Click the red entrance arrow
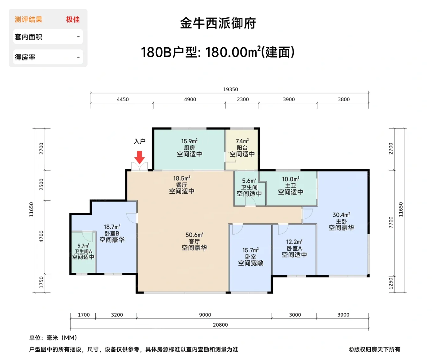coord(140,157)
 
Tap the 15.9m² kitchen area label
coord(189,141)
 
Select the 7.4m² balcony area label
coord(242,141)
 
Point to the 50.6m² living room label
coord(194,235)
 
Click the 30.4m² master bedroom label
coord(341,215)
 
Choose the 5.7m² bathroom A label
coord(83,246)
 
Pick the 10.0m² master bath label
coord(290,179)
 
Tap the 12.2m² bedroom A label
coord(294,242)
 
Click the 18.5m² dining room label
coord(182,178)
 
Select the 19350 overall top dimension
coord(230,89)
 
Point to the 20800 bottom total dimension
coord(220,325)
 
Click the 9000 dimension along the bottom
coord(205,315)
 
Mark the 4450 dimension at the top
coord(123,99)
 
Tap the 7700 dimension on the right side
coord(391,222)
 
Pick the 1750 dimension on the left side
coord(41,282)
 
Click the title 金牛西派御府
coord(218,23)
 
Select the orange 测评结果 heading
coord(28,20)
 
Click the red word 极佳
coord(73,20)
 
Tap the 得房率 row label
coord(25,57)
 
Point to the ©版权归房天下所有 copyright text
coord(375,349)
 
